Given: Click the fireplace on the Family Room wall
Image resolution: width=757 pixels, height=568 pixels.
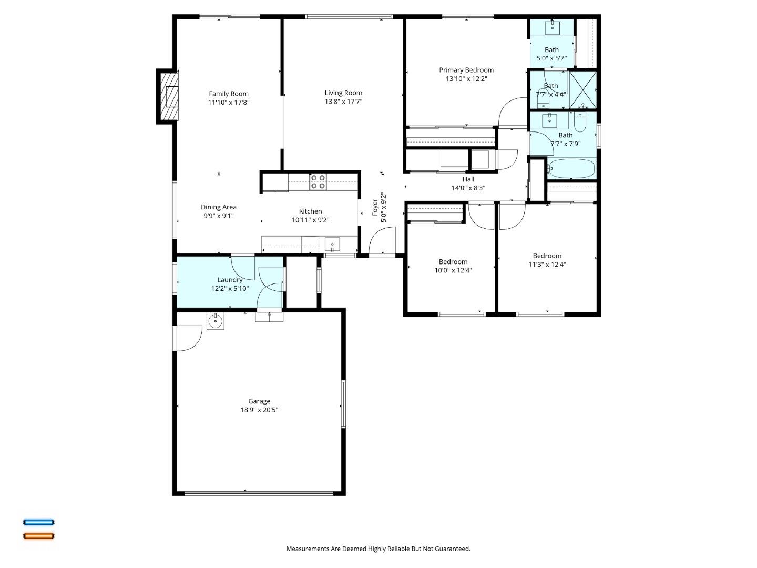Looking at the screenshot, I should click(x=169, y=97).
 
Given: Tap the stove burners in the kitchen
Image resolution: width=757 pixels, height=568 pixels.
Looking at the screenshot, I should click(x=318, y=181).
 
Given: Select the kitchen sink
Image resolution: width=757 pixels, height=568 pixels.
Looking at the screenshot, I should click(x=332, y=245).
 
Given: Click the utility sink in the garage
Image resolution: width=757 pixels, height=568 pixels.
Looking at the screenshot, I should click(x=215, y=320).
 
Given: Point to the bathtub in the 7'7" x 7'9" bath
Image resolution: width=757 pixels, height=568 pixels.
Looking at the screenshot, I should click(x=571, y=169).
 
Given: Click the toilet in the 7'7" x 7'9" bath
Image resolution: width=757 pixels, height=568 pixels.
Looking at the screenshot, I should click(x=580, y=123).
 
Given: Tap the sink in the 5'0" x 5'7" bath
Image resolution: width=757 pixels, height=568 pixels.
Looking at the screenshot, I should click(x=551, y=27).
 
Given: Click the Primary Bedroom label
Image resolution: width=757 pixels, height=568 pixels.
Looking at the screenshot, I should click(x=466, y=70).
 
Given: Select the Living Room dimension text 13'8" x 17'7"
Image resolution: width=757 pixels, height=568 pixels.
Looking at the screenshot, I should click(x=343, y=102).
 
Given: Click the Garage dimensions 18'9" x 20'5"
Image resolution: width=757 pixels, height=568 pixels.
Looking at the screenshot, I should click(x=259, y=410).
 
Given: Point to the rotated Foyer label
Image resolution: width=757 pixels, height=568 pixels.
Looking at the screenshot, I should click(x=375, y=207).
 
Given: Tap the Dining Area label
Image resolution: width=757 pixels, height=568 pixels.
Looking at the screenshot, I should click(x=219, y=207).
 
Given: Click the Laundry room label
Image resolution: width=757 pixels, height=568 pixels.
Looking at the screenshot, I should click(x=230, y=280).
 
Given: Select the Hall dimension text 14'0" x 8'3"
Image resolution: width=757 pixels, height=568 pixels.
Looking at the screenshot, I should click(x=468, y=188).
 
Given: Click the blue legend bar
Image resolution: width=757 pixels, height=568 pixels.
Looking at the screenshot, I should click(x=38, y=522).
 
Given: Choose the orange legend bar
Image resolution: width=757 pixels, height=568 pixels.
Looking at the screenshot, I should click(x=38, y=536).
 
